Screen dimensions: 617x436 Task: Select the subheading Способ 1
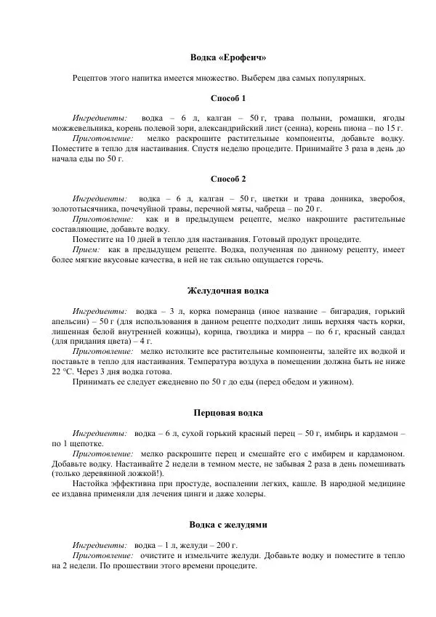coord(228,98)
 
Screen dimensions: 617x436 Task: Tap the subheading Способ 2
coord(228,179)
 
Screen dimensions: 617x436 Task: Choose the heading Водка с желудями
coord(228,524)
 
